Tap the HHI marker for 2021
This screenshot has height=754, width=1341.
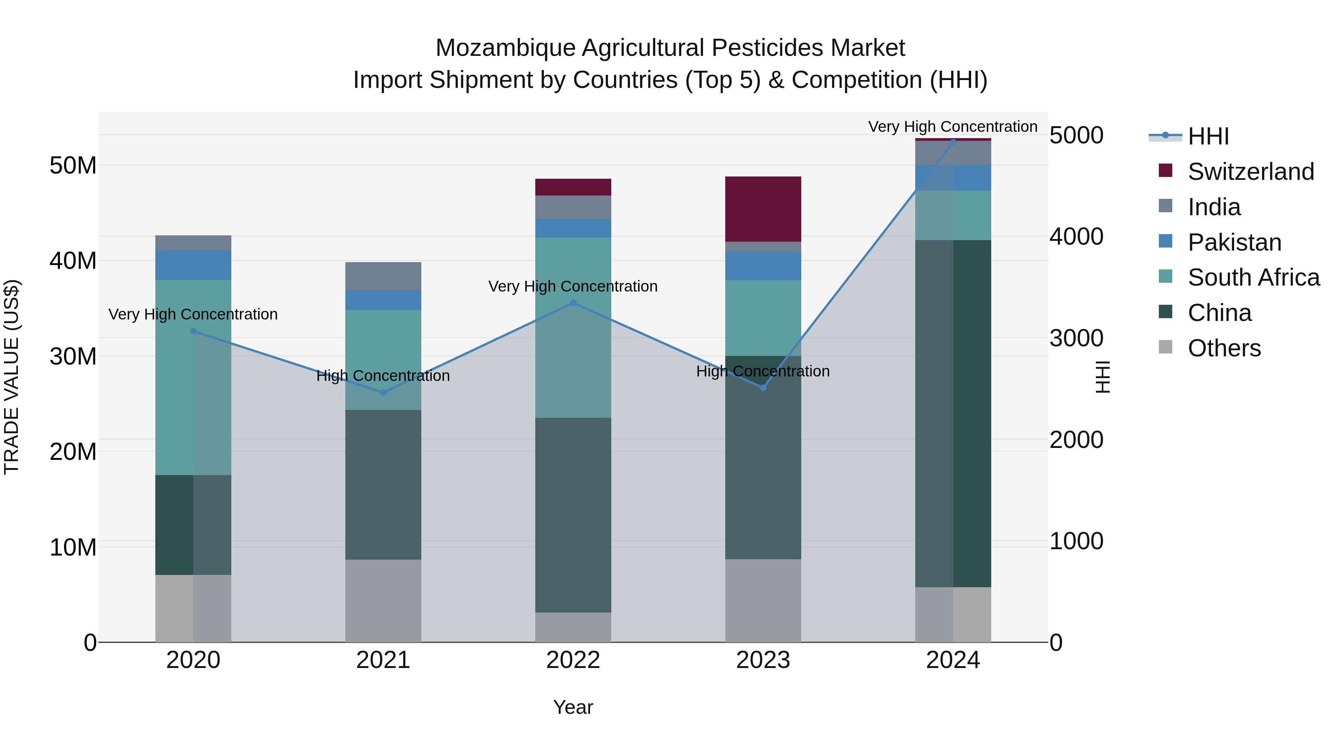click(x=383, y=392)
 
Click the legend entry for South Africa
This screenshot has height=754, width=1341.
click(x=1253, y=277)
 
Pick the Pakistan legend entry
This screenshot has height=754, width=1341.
click(x=1234, y=242)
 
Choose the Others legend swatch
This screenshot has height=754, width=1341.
click(x=1165, y=348)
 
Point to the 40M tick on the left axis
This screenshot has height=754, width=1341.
click(x=73, y=260)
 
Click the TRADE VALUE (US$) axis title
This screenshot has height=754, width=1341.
click(x=12, y=377)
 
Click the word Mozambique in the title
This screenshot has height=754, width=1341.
click(x=505, y=48)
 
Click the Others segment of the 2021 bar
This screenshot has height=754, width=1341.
click(x=383, y=601)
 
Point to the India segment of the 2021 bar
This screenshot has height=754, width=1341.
click(x=383, y=276)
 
